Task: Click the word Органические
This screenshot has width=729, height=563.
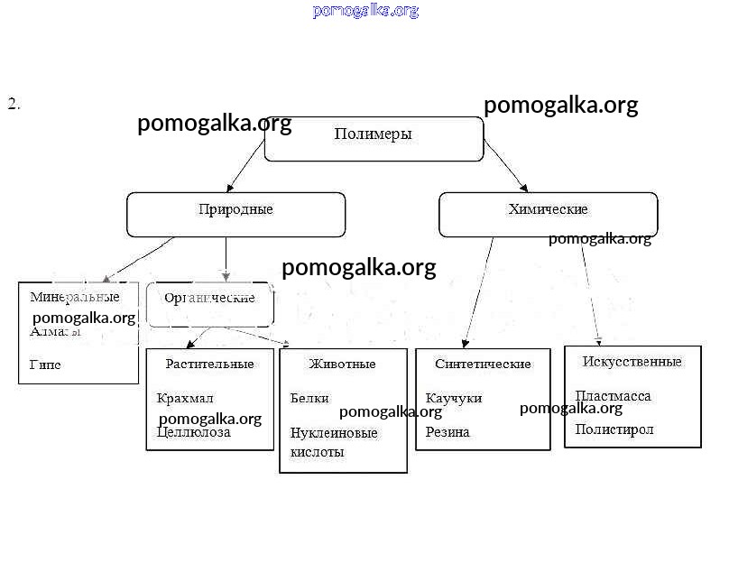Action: [209, 298]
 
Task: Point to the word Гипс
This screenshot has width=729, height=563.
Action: [45, 365]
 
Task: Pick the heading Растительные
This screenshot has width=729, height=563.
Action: [209, 365]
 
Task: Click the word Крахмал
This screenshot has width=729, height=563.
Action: [184, 398]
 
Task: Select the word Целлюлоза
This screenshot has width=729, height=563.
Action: [193, 432]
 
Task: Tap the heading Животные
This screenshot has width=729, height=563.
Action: [342, 365]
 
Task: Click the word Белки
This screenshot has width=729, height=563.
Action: [309, 398]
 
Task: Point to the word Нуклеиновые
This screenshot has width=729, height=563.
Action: [334, 433]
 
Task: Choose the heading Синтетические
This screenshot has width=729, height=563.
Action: [483, 365]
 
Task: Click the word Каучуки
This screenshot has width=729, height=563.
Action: [454, 398]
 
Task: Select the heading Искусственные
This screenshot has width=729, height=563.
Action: [632, 362]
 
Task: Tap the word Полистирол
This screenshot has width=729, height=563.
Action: [614, 429]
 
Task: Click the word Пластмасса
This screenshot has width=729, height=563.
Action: [613, 396]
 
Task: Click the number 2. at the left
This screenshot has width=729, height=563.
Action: [14, 104]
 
